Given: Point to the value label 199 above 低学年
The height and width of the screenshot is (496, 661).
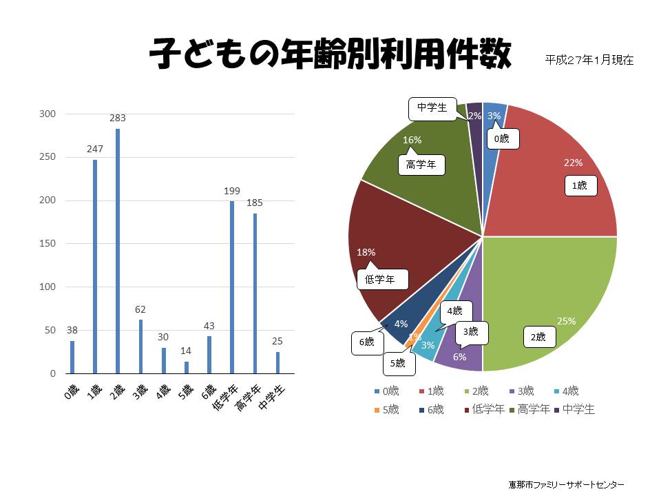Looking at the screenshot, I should (231, 190).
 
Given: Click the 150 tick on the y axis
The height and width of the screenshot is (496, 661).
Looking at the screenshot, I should (50, 244).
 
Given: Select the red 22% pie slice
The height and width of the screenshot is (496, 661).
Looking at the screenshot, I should (551, 186).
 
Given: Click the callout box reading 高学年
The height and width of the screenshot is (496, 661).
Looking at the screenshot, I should (421, 165).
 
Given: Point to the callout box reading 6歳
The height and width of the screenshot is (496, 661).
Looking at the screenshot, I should (366, 342).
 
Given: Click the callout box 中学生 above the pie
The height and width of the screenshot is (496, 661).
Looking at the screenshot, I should (432, 108).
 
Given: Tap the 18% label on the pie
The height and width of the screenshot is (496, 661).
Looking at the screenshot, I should (366, 253).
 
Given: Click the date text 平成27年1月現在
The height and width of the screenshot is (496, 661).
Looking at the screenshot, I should (589, 60).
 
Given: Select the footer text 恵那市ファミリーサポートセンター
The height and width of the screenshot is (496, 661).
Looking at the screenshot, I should (566, 484).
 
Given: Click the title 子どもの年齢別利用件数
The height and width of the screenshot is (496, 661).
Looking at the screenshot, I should (330, 54).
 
